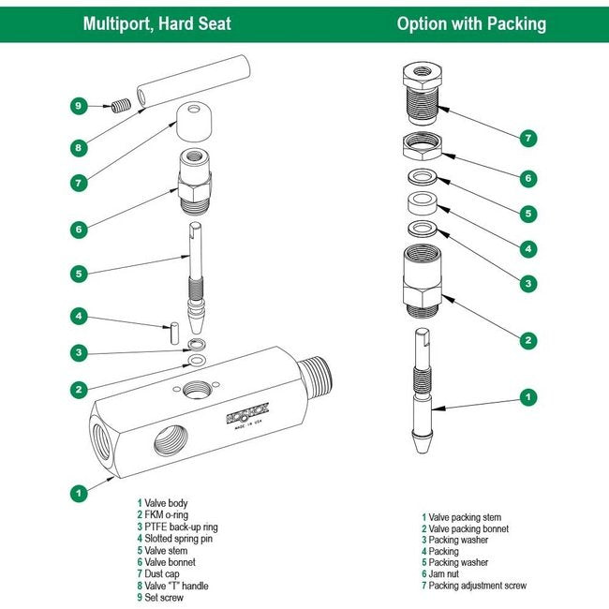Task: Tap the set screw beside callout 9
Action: (x=119, y=106)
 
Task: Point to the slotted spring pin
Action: (x=174, y=329)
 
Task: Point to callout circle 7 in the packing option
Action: (x=528, y=138)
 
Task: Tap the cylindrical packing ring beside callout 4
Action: (x=423, y=204)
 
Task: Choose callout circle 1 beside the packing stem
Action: (x=528, y=397)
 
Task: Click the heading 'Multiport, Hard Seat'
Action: (x=156, y=23)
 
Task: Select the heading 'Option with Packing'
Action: (x=471, y=23)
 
